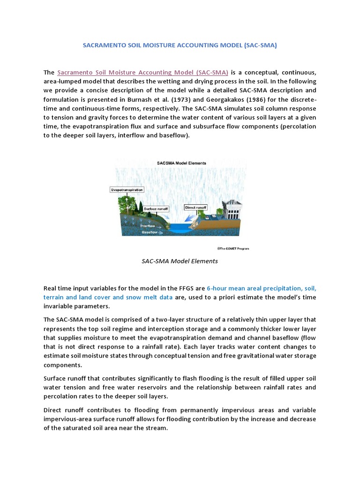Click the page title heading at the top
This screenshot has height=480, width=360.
(180, 45)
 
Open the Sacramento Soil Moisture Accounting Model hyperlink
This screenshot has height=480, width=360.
(142, 73)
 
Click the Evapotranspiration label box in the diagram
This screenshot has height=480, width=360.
(127, 190)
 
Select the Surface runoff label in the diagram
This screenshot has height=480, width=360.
(156, 208)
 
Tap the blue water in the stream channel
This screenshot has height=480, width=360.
(178, 230)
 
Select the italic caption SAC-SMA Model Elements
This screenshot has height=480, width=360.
(180, 261)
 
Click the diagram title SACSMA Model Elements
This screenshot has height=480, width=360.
(181, 163)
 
